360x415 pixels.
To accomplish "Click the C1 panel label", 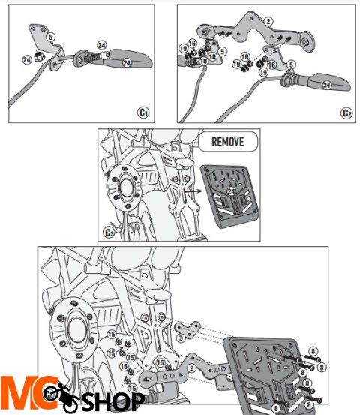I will coord(145,112).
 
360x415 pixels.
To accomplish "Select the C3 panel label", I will coord(110,232).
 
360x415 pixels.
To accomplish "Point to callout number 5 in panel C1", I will coord(49,35).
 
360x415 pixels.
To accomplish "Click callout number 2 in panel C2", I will coord(248,22).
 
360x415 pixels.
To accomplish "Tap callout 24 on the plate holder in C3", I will coord(232,192).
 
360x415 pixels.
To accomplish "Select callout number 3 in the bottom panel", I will coord(181,339).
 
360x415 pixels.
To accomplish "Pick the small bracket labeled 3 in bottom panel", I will coord(187,330).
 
